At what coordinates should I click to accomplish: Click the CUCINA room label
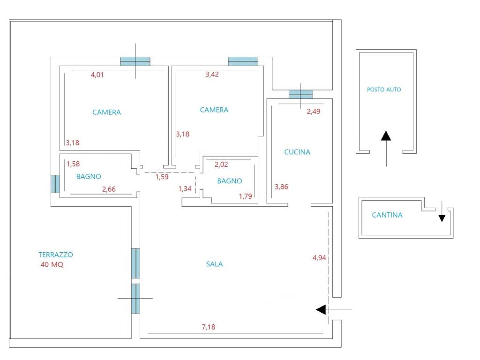click(x=297, y=152)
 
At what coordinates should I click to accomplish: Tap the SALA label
click(x=214, y=264)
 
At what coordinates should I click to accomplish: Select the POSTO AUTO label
click(x=384, y=90)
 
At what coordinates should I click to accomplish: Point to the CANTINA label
click(x=387, y=215)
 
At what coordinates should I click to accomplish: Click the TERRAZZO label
click(x=56, y=255)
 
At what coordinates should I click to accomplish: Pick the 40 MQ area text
click(x=52, y=264)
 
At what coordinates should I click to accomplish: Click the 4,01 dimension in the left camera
click(x=97, y=75)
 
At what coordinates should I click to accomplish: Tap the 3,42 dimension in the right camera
click(x=212, y=74)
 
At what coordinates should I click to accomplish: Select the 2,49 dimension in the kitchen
click(x=314, y=112)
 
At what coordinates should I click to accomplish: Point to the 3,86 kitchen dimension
click(x=281, y=187)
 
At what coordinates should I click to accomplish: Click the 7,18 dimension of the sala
click(x=209, y=327)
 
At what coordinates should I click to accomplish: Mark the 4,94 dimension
click(x=319, y=258)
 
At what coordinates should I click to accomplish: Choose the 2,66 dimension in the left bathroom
click(x=109, y=189)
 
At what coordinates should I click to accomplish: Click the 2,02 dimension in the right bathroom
click(x=221, y=165)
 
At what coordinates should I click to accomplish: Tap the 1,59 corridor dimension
click(x=162, y=177)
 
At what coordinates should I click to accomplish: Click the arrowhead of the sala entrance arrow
click(x=321, y=309)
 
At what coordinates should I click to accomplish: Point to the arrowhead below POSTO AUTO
click(x=386, y=135)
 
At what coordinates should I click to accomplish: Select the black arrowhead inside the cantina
click(x=442, y=218)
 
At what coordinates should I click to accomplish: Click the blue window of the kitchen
click(x=301, y=94)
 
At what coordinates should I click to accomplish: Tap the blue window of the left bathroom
click(x=55, y=184)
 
